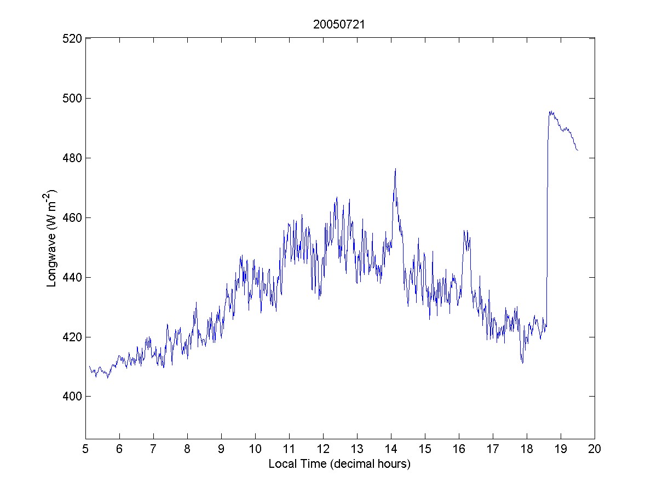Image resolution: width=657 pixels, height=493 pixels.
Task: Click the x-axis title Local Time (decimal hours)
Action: (339, 464)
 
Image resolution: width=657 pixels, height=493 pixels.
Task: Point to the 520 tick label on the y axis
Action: (72, 38)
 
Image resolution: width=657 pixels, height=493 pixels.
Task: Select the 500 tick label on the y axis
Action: (72, 98)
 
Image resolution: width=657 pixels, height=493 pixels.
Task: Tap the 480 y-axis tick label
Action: (72, 158)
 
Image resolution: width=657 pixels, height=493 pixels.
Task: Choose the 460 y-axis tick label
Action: (72, 217)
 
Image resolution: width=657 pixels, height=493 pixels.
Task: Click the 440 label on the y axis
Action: (72, 277)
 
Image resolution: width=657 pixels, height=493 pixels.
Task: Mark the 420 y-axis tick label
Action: (72, 337)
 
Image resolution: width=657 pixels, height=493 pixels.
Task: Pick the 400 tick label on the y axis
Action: (72, 396)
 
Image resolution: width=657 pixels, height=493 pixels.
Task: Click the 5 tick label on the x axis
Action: (85, 449)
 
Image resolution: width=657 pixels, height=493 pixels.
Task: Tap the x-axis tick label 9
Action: (221, 449)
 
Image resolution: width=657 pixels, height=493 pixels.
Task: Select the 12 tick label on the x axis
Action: (323, 449)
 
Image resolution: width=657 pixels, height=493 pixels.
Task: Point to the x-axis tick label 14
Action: (391, 449)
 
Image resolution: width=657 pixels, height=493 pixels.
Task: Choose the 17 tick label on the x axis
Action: (493, 449)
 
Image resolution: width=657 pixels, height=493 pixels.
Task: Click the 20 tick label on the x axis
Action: (595, 449)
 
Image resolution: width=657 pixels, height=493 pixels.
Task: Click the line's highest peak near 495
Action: (550, 112)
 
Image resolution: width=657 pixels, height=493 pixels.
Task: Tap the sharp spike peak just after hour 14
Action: (395, 169)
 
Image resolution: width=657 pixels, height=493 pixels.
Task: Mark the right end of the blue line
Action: (578, 150)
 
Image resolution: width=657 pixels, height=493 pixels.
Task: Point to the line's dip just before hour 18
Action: (522, 363)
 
